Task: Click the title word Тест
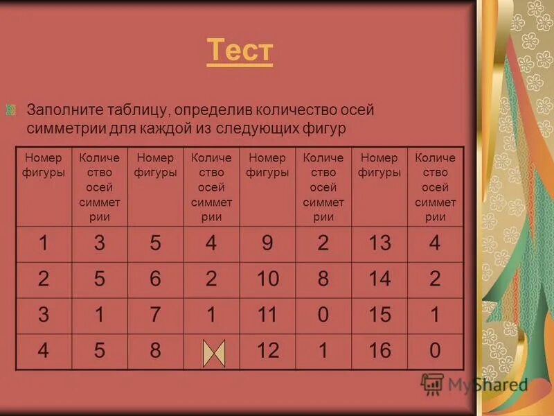pos(240,51)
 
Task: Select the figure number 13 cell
pos(379,243)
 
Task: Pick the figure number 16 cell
pos(379,351)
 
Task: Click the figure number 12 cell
pos(268,351)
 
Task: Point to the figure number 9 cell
pos(268,243)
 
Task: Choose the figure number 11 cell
pos(268,315)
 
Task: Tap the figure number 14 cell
pos(379,279)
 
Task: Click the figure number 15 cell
pos(379,315)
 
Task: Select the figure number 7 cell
pos(155,315)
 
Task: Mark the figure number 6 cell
pos(155,279)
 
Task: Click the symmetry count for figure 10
pos(323,279)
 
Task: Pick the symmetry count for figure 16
pos(435,351)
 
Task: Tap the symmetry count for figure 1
pos(99,243)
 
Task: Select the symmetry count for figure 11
pos(323,315)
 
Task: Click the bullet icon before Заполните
pos(10,110)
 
